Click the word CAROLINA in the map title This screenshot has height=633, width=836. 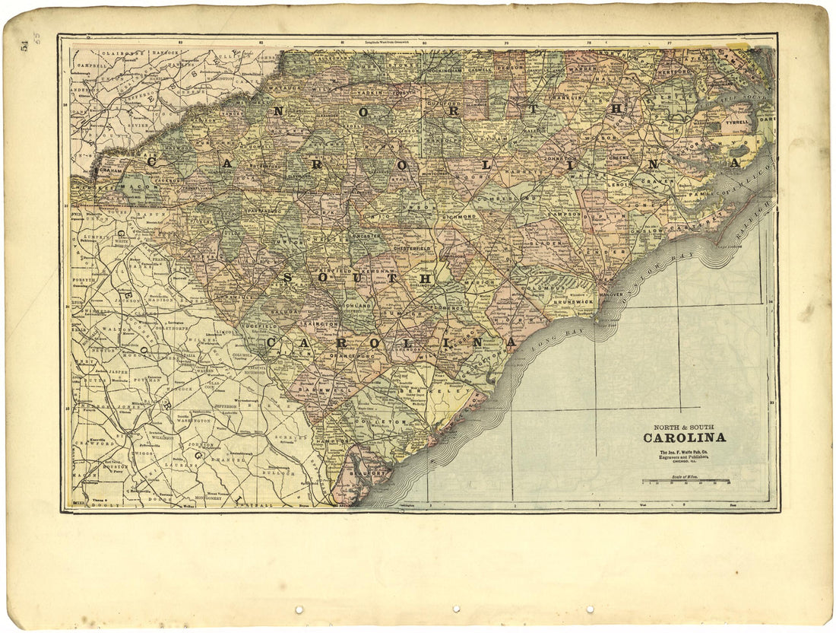point(684,437)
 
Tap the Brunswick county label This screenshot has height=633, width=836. point(572,302)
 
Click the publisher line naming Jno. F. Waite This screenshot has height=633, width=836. point(684,453)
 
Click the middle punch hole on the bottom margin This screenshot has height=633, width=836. point(455,609)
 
